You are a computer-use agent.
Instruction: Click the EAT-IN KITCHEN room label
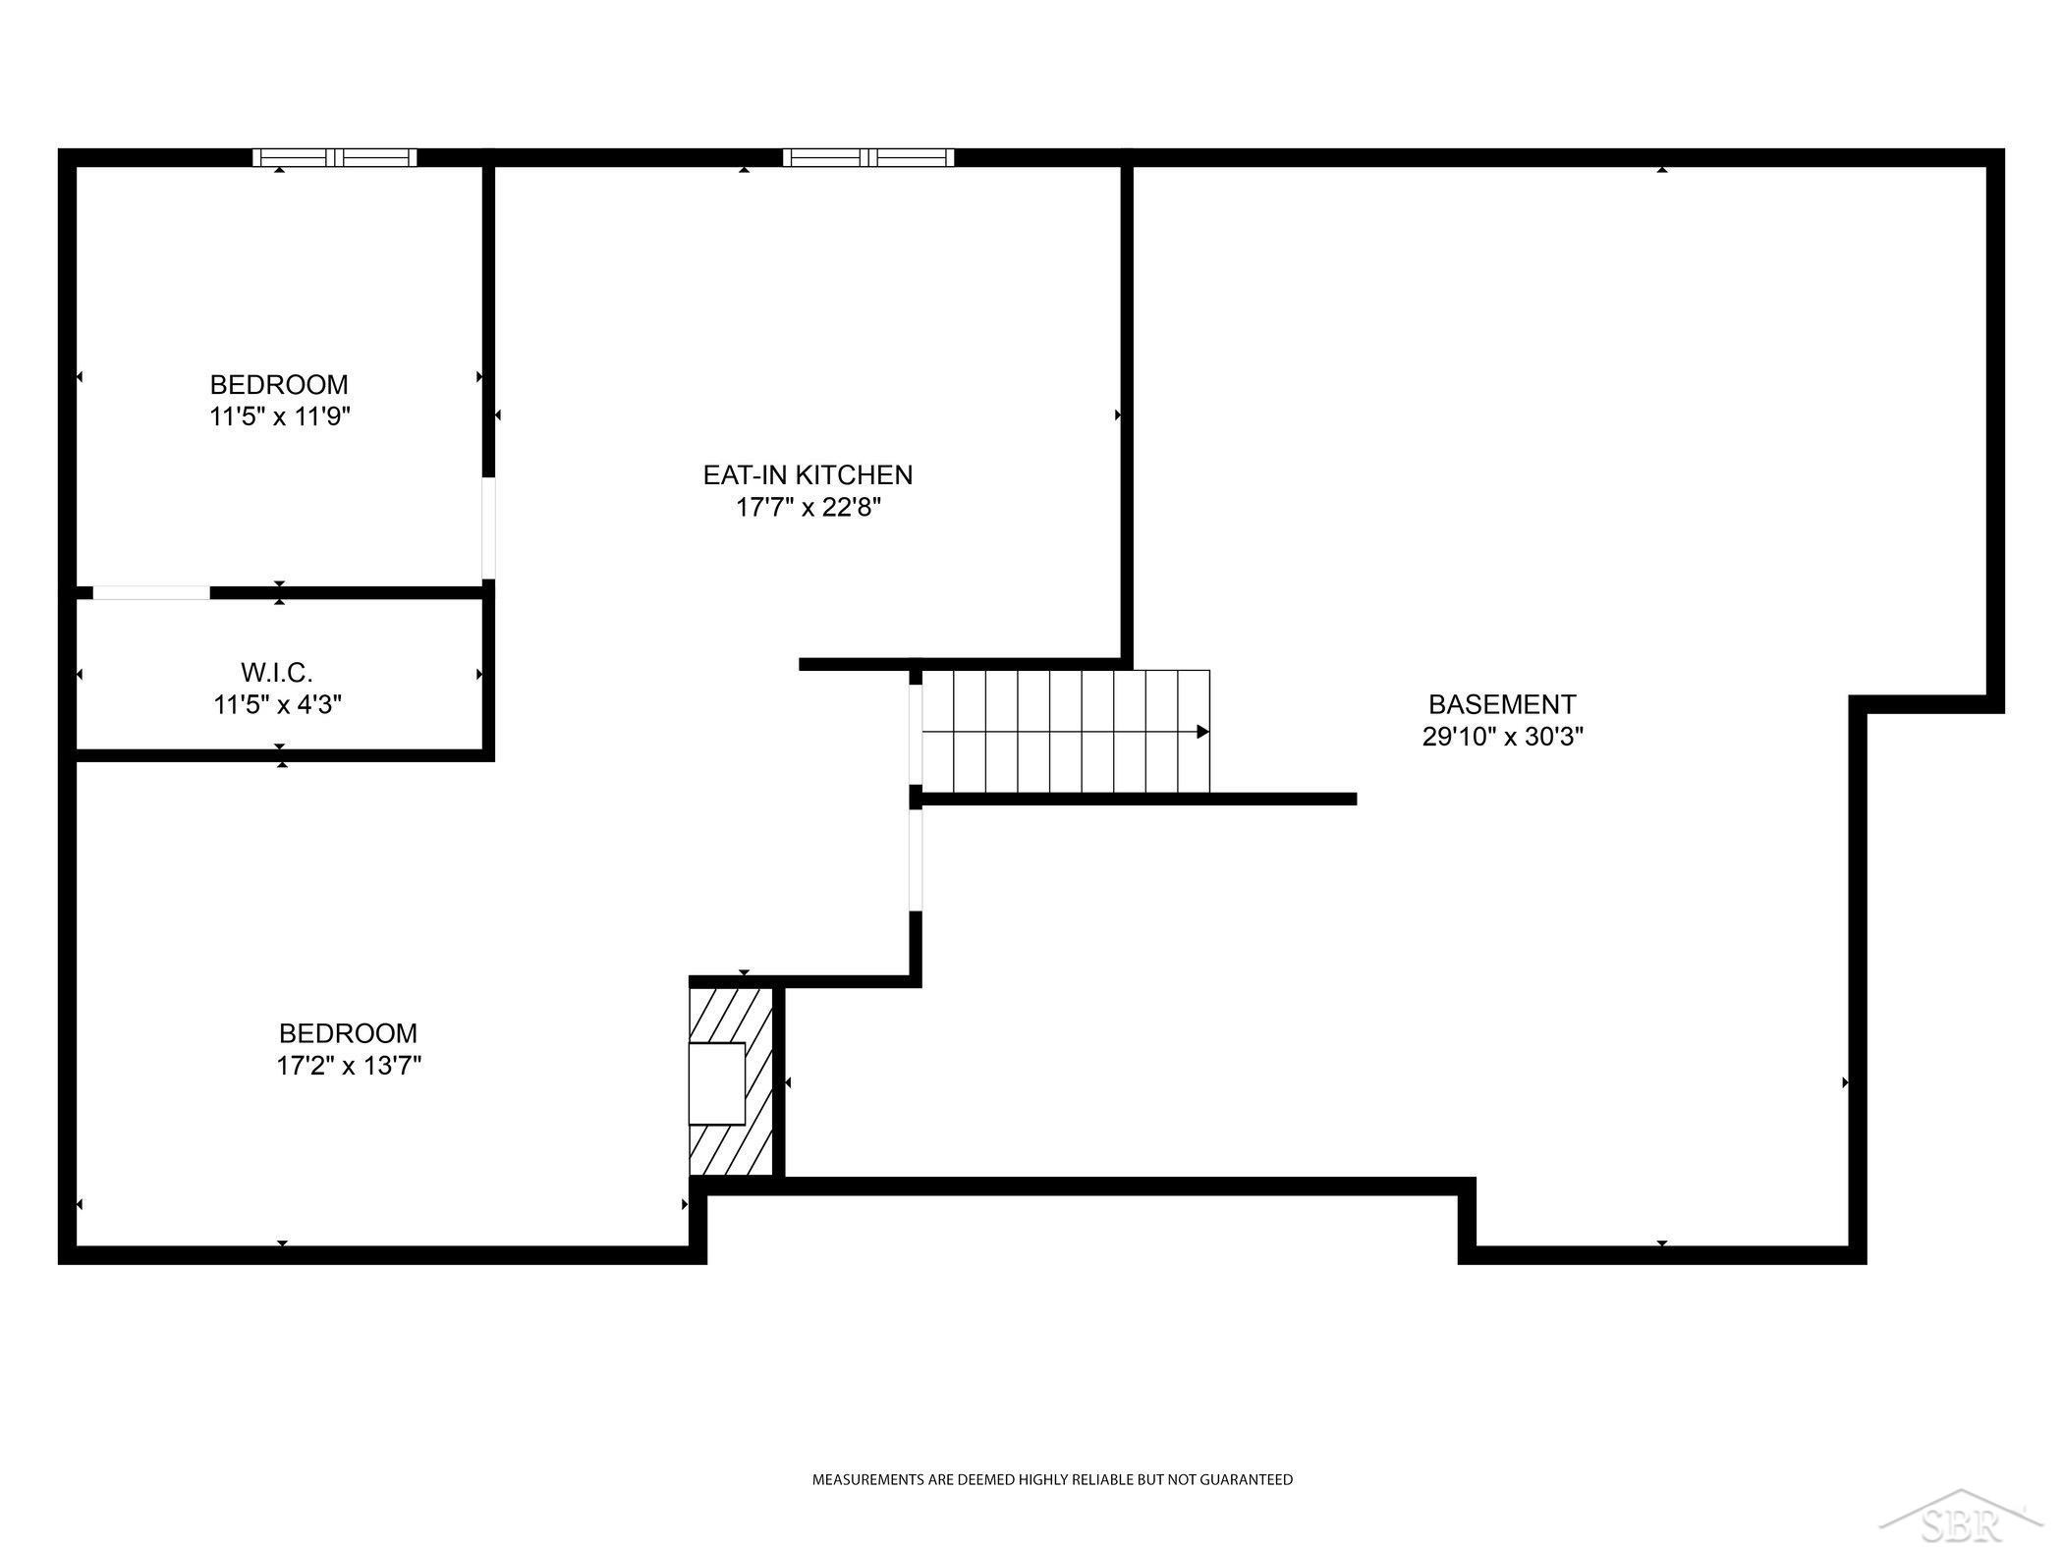tap(808, 475)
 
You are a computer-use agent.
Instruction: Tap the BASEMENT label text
tap(1502, 704)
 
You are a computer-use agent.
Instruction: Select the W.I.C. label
tap(277, 673)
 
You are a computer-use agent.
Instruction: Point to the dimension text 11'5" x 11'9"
tap(280, 416)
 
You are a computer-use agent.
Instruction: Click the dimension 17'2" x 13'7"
tap(349, 1066)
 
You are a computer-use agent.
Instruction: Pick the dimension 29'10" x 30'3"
tap(1503, 737)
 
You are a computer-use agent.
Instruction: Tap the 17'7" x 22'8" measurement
tap(808, 508)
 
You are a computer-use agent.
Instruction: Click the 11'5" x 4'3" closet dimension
tap(278, 705)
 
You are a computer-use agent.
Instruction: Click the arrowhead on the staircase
tap(1202, 732)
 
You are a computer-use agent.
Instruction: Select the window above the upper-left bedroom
tap(335, 157)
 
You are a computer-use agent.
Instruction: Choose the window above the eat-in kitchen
tap(868, 157)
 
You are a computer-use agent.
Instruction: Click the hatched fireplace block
tap(731, 1080)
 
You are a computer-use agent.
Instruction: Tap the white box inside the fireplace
tap(717, 1083)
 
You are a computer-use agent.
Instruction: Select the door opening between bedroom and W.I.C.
tap(151, 592)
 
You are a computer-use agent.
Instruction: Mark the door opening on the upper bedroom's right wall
tap(488, 528)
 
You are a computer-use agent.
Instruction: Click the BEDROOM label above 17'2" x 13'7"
tap(349, 1033)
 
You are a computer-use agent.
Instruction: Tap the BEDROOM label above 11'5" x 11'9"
tap(279, 384)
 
